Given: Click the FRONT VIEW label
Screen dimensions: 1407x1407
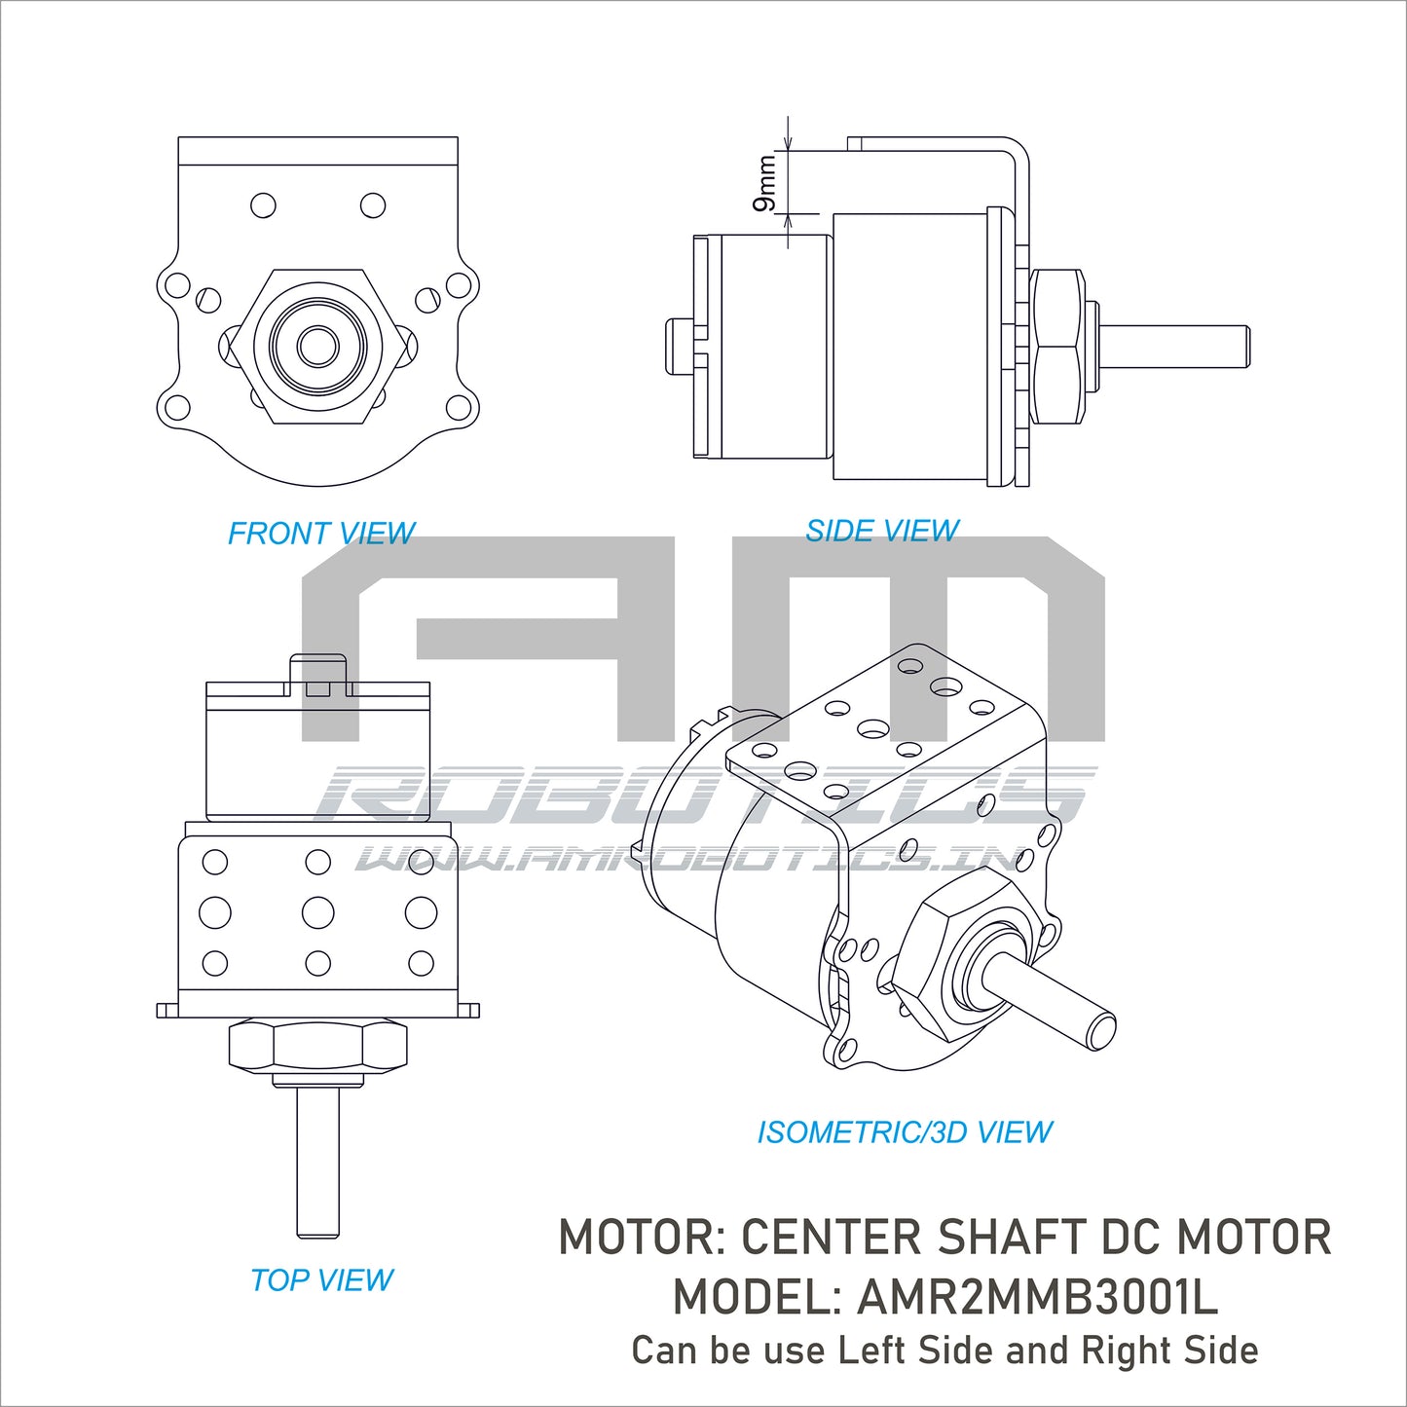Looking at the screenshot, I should pos(321,534).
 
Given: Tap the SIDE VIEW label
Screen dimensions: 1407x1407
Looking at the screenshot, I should pos(882,531).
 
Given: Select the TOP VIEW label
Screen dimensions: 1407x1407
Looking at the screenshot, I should pos(321,1279).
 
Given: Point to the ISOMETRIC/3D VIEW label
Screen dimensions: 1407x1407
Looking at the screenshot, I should pos(905,1132).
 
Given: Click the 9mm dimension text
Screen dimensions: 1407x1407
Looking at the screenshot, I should pos(766,183).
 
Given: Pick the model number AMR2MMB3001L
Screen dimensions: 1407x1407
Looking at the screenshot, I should pos(1037,1297).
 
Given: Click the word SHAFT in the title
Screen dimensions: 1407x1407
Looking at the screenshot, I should pos(1013,1238).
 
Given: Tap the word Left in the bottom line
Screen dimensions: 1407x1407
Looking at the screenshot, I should pos(873,1351).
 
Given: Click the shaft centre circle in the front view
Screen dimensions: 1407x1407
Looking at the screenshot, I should pos(317,345).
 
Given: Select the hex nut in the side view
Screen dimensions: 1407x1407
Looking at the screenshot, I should pos(1057,347).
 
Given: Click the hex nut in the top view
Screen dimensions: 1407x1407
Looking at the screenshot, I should pos(317,1046).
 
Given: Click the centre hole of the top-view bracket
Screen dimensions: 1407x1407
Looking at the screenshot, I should pos(317,912).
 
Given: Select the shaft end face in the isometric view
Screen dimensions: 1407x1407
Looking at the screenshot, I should pos(1101,1031).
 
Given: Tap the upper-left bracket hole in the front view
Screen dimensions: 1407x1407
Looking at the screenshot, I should pos(263,205).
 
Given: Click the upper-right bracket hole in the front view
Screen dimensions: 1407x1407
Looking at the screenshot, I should pos(373,205).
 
